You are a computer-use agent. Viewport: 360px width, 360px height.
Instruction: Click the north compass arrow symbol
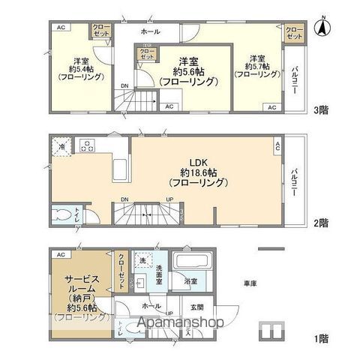click(x=322, y=28)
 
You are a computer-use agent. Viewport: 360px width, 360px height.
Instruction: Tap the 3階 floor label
click(x=321, y=110)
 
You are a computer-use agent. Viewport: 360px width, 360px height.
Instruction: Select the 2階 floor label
click(x=321, y=223)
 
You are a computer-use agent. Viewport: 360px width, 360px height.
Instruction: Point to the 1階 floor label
click(x=321, y=339)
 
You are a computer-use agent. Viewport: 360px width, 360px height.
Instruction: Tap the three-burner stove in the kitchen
click(x=86, y=145)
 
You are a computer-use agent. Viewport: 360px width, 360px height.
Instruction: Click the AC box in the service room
click(x=59, y=255)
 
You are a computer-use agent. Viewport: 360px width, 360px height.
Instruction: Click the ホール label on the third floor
click(x=149, y=32)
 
